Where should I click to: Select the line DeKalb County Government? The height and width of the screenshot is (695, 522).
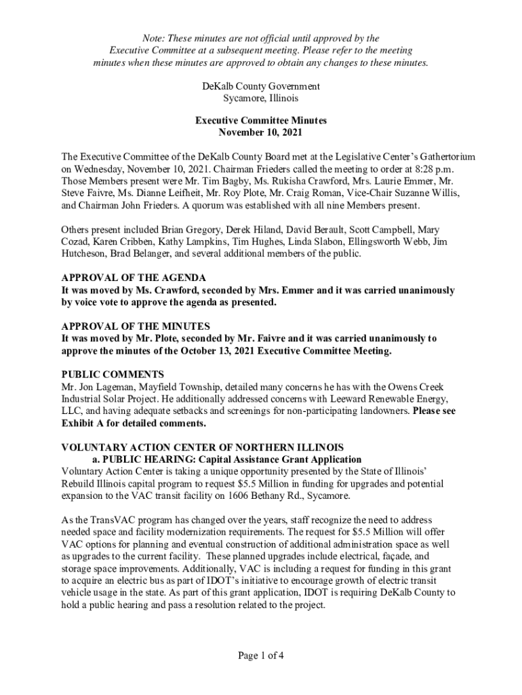click(x=261, y=86)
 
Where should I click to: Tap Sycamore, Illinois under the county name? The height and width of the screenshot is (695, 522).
click(x=261, y=98)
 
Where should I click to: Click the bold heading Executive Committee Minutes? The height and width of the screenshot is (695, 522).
click(x=261, y=121)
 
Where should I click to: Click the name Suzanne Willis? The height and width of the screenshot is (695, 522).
click(x=428, y=193)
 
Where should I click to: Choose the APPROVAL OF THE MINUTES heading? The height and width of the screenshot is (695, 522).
click(x=136, y=326)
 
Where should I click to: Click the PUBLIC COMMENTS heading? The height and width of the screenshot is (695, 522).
click(x=113, y=374)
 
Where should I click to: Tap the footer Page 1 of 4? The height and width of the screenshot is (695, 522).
click(x=261, y=655)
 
